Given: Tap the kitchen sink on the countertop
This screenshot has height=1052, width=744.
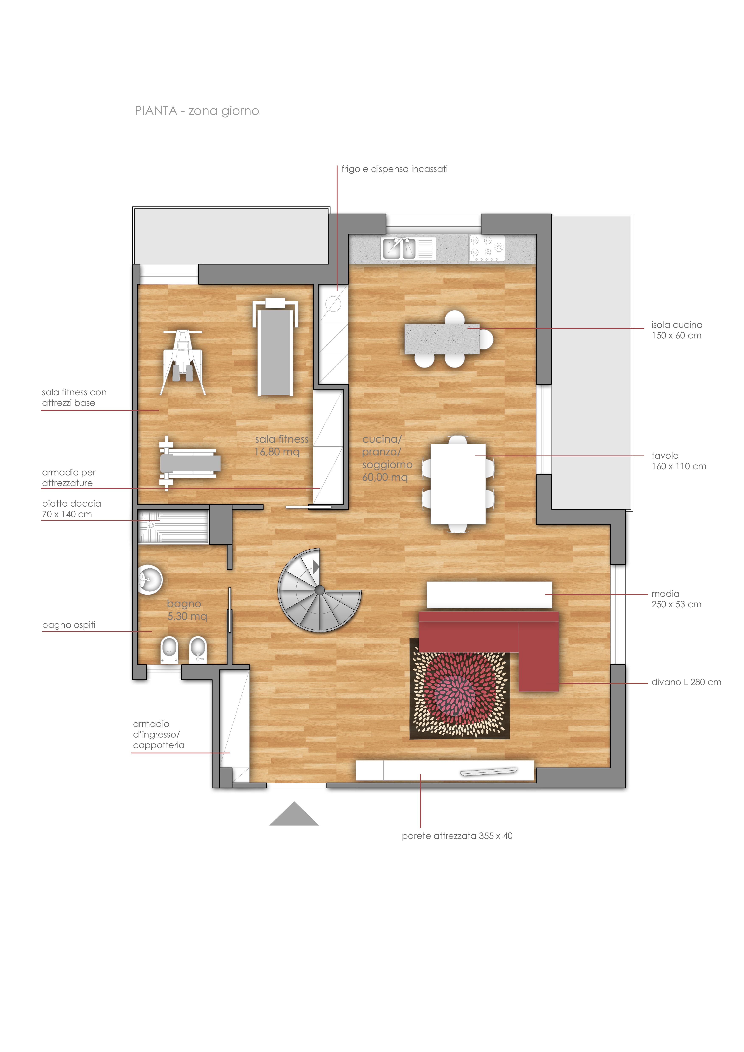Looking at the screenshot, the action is [399, 249].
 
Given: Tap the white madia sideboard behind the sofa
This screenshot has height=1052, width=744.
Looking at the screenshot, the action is [489, 595].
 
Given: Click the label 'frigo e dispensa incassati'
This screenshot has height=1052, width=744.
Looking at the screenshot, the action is [394, 169].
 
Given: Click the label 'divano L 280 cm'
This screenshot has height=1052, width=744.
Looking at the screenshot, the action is [686, 682].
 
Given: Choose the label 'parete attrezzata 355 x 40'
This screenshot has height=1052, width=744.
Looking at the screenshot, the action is [457, 836].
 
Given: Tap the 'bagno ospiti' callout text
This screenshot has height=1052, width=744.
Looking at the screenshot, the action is [69, 625].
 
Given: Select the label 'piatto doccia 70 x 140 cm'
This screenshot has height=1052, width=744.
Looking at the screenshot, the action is [71, 509].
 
